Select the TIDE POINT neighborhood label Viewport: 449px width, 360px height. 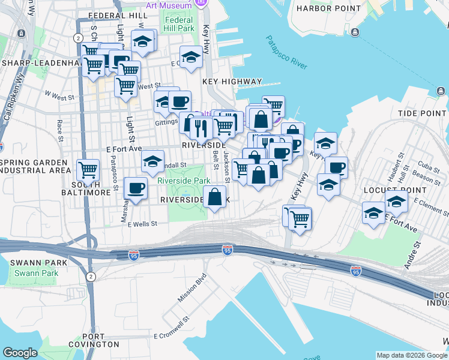pyautogui.click(x=423, y=113)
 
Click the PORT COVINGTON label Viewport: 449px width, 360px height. pyautogui.click(x=103, y=341)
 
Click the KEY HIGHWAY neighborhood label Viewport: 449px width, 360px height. pyautogui.click(x=232, y=82)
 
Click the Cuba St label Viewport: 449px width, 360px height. pyautogui.click(x=426, y=166)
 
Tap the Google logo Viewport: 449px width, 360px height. pyautogui.click(x=20, y=353)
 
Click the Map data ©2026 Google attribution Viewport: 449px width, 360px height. pyautogui.click(x=411, y=355)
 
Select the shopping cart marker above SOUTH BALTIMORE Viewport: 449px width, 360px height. pyautogui.click(x=88, y=170)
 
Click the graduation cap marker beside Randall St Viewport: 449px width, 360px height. pyautogui.click(x=153, y=161)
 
